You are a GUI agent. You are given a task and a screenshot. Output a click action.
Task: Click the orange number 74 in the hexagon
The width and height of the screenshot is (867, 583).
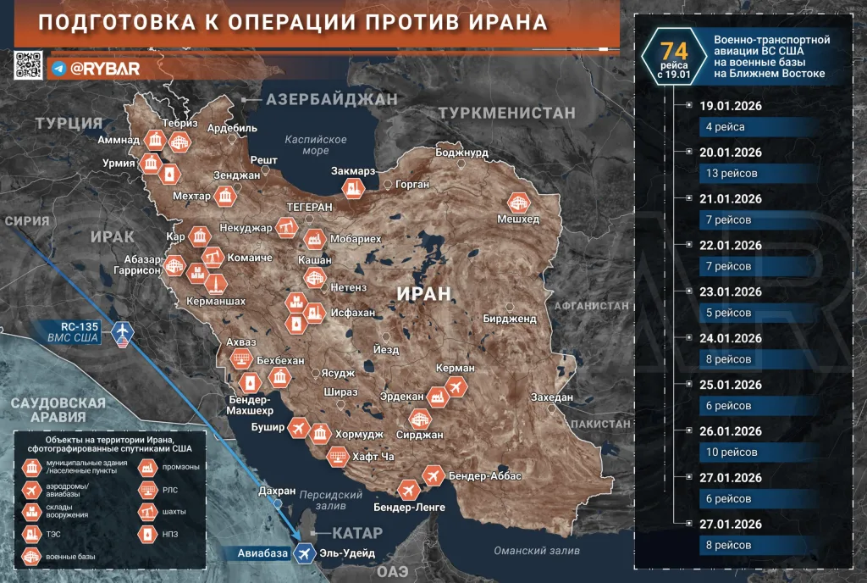(x=674, y=52)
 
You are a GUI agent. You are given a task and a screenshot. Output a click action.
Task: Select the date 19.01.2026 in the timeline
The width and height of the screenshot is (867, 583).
(x=731, y=107)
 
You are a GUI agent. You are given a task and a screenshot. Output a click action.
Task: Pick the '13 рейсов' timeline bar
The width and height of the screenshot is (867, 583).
(x=729, y=173)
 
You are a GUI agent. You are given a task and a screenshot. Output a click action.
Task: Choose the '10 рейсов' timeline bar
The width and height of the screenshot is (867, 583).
(x=729, y=452)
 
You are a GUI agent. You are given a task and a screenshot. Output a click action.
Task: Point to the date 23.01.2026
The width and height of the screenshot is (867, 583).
(x=731, y=292)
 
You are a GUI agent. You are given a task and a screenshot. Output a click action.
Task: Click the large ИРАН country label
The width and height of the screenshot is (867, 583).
(x=425, y=293)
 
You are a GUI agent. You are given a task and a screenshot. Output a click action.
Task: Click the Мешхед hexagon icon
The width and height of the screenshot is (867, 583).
(x=518, y=203)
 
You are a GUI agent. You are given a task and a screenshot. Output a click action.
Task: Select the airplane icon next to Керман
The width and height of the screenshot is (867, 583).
(x=456, y=387)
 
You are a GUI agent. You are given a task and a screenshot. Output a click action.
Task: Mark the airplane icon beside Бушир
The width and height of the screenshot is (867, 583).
(x=298, y=427)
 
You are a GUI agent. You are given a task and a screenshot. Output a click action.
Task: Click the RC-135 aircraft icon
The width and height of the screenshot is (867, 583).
(x=123, y=329)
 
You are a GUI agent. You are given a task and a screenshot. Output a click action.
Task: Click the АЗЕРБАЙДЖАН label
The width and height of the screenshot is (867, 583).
(x=331, y=100)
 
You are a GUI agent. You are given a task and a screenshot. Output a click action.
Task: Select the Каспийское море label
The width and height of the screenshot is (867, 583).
(x=316, y=145)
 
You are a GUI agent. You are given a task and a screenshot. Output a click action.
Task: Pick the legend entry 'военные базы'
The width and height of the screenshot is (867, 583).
(x=71, y=557)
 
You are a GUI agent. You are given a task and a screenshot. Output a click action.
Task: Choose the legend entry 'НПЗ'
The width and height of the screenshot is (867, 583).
(x=172, y=535)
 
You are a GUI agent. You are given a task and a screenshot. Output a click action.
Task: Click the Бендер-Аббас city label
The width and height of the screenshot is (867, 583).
(x=485, y=476)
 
